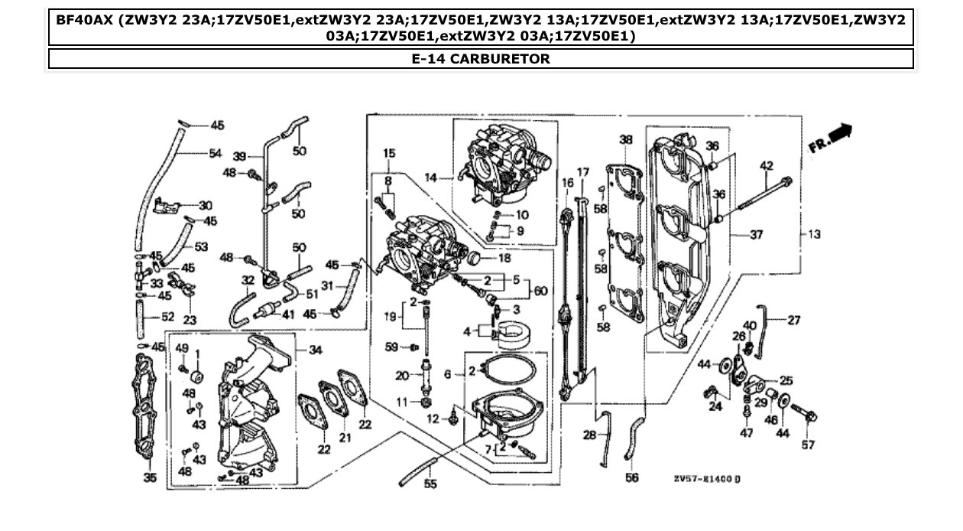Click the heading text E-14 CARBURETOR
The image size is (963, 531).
480,59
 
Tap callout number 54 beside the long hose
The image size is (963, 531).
216,153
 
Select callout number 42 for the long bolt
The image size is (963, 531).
766,165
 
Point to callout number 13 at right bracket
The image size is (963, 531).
814,234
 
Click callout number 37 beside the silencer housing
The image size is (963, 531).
756,235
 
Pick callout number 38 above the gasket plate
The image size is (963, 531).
626,140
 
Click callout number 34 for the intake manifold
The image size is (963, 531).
314,350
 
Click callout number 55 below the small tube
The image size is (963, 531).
430,484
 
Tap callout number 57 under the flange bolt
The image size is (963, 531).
808,445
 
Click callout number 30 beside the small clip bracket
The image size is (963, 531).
205,205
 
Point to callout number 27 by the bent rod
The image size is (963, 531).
794,320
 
